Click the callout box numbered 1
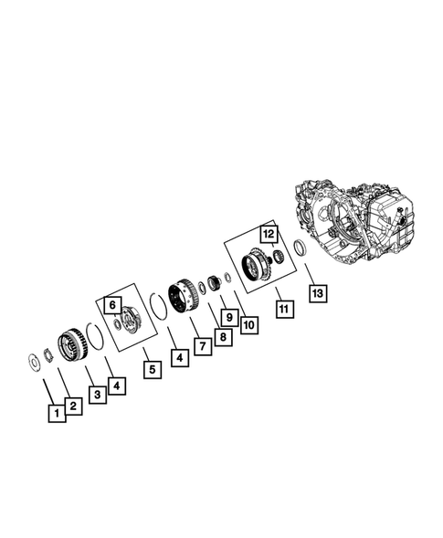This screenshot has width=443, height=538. click(57, 414)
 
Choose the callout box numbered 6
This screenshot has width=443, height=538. click(111, 305)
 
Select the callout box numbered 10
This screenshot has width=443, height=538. click(248, 323)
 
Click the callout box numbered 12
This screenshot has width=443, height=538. click(268, 233)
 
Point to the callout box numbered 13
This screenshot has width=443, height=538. click(316, 292)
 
